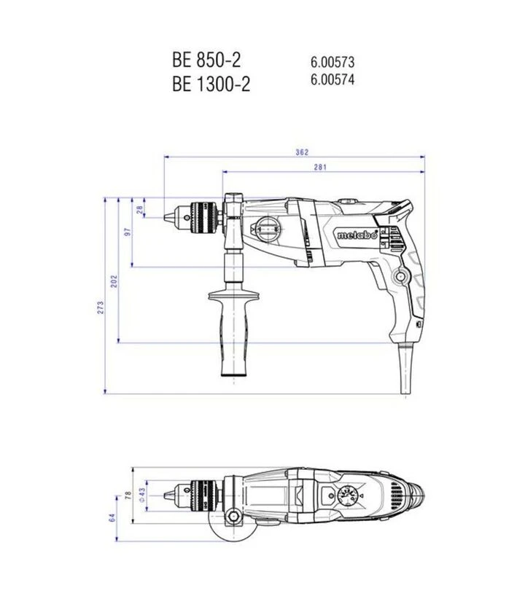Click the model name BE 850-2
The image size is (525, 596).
tap(206, 60)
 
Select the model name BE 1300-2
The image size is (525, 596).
tap(211, 84)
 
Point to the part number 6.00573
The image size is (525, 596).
tap(332, 62)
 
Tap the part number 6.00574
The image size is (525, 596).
tap(332, 79)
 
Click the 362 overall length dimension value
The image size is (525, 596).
tap(302, 152)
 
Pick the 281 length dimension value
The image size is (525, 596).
tap(320, 167)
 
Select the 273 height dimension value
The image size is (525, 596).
tap(101, 307)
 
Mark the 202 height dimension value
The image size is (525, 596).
tap(114, 281)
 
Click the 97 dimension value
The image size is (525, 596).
tap(128, 232)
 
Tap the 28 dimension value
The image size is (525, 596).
tap(140, 209)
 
